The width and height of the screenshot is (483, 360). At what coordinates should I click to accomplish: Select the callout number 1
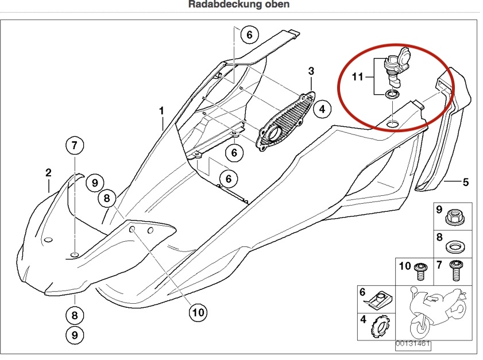162,110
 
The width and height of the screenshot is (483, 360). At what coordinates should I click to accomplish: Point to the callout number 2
49,172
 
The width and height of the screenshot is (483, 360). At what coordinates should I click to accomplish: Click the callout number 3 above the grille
311,71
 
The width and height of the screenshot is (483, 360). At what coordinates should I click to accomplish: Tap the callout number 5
466,183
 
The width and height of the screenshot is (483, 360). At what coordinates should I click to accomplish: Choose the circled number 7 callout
74,146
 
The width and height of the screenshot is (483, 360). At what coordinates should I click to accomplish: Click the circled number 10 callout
198,312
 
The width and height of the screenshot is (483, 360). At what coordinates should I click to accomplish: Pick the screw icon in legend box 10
419,270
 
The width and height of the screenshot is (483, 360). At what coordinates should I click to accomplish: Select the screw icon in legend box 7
457,269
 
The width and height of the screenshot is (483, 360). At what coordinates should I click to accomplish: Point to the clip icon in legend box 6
378,299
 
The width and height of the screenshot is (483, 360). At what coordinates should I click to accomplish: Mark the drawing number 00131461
412,344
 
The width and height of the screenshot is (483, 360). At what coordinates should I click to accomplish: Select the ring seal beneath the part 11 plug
393,94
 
